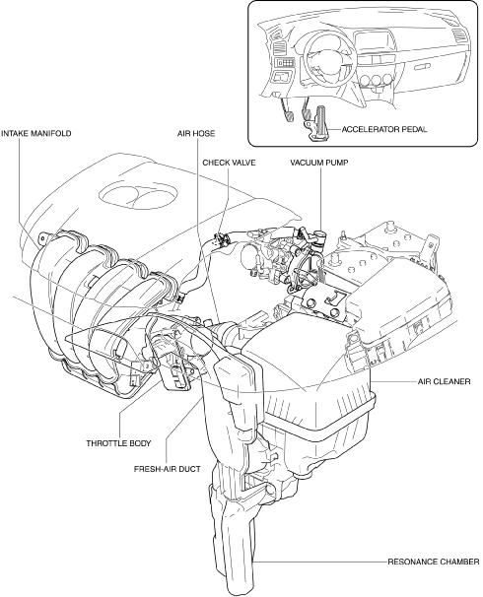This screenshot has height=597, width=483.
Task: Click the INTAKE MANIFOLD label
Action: click(x=36, y=134)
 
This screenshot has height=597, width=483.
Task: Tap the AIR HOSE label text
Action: click(x=196, y=134)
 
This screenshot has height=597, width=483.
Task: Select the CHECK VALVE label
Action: click(x=229, y=163)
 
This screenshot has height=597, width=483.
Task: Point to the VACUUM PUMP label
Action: click(x=319, y=163)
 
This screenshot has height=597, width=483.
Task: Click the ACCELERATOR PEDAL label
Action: click(x=384, y=129)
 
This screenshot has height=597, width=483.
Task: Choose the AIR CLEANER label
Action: click(x=445, y=381)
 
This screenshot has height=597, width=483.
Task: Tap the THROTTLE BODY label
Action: click(x=118, y=443)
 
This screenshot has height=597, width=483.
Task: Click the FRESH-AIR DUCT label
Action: click(x=168, y=469)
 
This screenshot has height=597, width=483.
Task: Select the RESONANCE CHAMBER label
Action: click(x=434, y=562)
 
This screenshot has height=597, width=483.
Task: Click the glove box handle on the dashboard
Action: click(x=422, y=67)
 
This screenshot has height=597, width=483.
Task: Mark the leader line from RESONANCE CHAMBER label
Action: click(x=319, y=562)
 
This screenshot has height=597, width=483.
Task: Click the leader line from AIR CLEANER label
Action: click(x=393, y=381)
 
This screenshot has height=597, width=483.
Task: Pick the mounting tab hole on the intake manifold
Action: click(x=43, y=238)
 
